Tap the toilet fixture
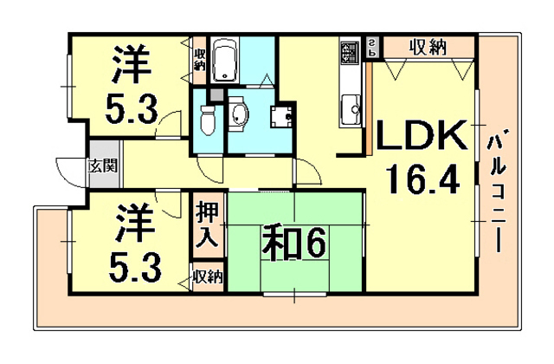point(205,118)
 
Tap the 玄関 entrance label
point(101,165)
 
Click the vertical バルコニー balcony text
point(498,192)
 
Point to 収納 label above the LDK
point(428,47)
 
